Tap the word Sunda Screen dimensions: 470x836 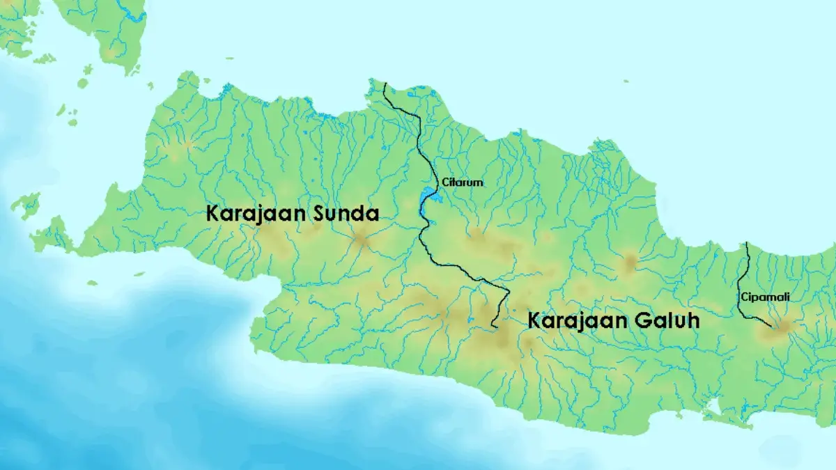(346, 214)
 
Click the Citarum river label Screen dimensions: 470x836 (463, 182)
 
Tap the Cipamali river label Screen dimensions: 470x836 (766, 297)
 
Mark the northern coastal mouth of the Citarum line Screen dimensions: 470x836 (385, 84)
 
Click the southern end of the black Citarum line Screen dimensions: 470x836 (493, 325)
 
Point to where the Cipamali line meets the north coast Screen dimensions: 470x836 (746, 244)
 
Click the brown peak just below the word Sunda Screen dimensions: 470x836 (361, 240)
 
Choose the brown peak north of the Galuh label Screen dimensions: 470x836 (630, 263)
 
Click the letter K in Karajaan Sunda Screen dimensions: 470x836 (212, 214)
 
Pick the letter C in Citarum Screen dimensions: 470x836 (445, 182)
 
